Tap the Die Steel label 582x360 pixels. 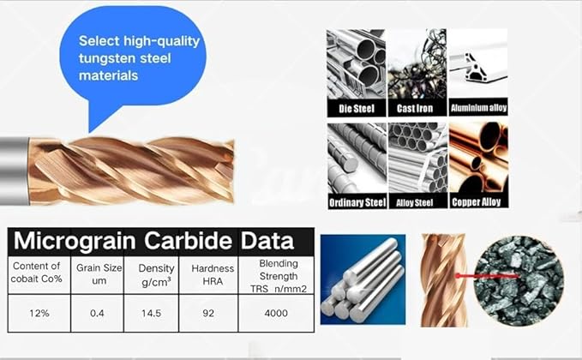click(x=354, y=109)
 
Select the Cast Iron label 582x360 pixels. click(x=416, y=109)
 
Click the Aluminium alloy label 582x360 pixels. click(x=478, y=109)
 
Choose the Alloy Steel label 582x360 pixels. click(x=416, y=203)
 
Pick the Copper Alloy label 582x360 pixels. click(x=478, y=203)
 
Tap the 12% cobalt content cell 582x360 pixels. click(x=38, y=313)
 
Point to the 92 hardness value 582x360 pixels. click(x=209, y=313)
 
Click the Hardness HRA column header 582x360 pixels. click(x=209, y=273)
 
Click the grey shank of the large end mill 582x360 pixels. click(x=12, y=169)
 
